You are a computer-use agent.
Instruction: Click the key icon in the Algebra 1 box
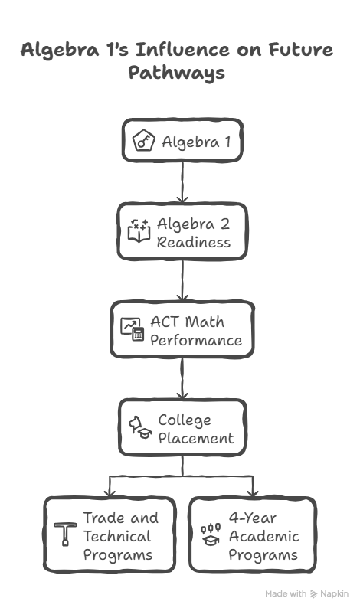click(x=143, y=142)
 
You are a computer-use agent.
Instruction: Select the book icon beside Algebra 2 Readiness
click(x=138, y=232)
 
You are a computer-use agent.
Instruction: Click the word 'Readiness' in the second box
click(x=194, y=242)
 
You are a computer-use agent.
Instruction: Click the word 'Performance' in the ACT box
click(x=196, y=340)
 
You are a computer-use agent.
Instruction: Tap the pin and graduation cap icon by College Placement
click(x=140, y=429)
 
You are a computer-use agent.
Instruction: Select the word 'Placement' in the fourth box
click(x=195, y=439)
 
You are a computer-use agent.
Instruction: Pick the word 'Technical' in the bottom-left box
click(x=117, y=536)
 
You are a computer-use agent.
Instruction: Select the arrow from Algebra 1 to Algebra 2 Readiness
click(x=182, y=181)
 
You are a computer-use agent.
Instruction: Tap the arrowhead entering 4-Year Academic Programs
click(x=253, y=491)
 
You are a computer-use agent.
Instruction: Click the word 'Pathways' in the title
click(x=176, y=74)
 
